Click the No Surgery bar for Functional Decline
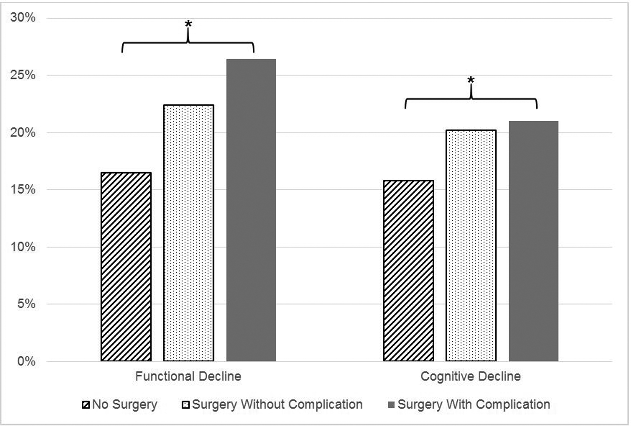(126, 267)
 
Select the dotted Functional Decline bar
(189, 233)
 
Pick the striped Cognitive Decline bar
(408, 271)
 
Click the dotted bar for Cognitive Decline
(471, 245)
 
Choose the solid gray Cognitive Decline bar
(534, 241)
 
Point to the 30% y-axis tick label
(23, 18)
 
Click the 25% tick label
(23, 75)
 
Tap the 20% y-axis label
(23, 133)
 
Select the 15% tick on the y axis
(23, 190)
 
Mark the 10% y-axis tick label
(23, 247)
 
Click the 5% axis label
(26, 304)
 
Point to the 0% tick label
(26, 361)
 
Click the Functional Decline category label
(188, 377)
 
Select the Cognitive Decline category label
(470, 377)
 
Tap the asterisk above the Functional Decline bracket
(188, 25)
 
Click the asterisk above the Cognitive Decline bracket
(471, 80)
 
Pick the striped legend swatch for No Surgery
(86, 405)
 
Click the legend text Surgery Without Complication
(277, 405)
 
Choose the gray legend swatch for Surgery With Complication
(392, 405)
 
